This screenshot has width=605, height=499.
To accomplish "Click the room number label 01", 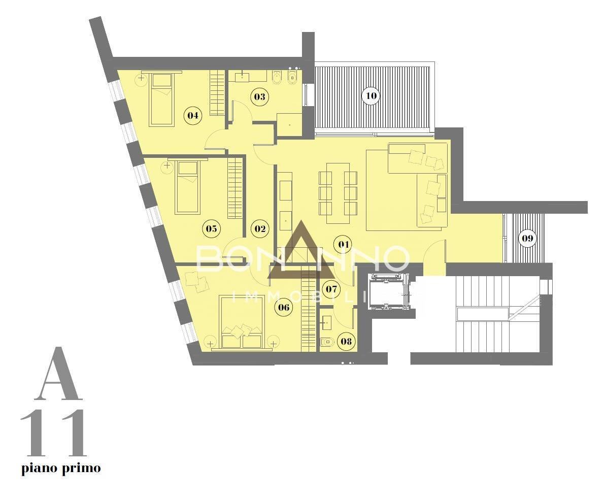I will [344, 244].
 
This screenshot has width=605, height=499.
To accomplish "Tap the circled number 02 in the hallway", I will [260, 228].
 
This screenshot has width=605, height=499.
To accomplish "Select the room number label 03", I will [259, 96].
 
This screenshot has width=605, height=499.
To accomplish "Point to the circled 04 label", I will [192, 115].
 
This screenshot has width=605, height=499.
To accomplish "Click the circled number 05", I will [211, 228].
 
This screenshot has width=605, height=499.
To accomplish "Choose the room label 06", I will [283, 307].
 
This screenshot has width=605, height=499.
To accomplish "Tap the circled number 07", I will [331, 289].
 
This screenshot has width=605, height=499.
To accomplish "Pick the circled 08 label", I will [346, 341].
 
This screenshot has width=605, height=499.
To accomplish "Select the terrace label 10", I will [371, 95].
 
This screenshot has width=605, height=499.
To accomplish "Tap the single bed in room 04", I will [161, 99].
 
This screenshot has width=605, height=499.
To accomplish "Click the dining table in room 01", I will [338, 192].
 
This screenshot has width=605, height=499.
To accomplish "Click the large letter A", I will [58, 374].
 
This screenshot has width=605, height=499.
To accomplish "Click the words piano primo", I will [61, 468].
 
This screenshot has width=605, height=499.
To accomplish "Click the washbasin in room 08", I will [327, 320].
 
